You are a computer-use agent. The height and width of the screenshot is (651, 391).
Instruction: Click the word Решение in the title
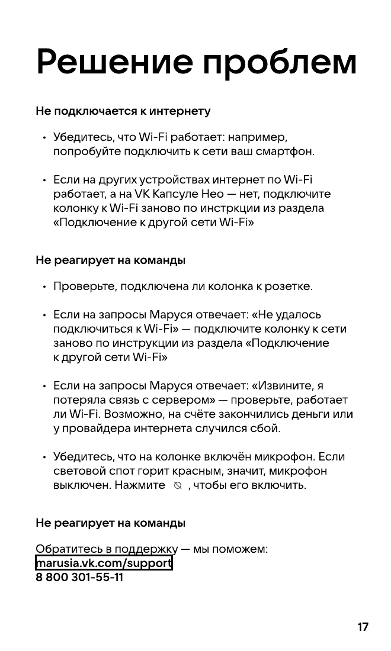(114, 61)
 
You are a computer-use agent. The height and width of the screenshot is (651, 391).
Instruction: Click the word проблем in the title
(281, 61)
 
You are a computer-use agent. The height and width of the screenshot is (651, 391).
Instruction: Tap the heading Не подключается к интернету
(123, 111)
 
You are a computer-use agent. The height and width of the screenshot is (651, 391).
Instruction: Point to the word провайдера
(93, 428)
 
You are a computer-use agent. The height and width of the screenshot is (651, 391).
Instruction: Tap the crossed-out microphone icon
(176, 486)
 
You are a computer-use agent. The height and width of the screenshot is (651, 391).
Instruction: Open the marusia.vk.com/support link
(104, 563)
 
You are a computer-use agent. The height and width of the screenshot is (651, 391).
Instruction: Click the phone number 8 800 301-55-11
(79, 577)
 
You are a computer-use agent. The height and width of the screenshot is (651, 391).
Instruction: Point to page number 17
(363, 627)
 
